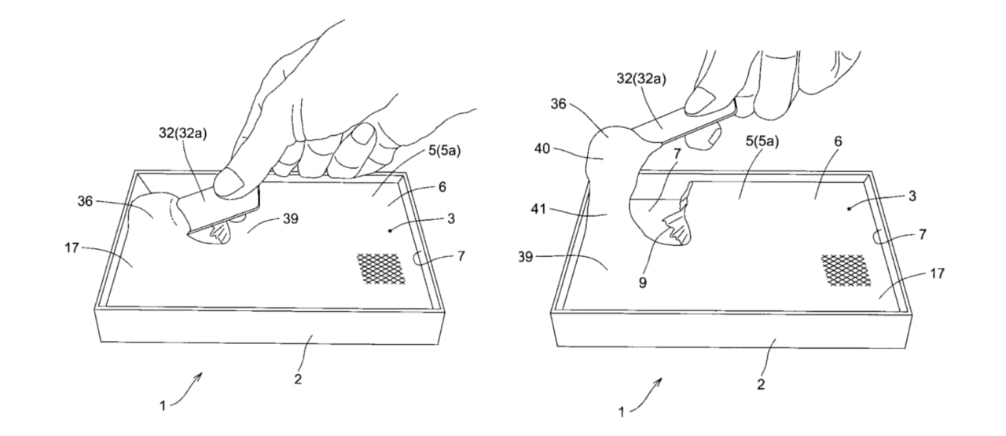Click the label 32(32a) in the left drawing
point(183,134)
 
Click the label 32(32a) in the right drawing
point(641,79)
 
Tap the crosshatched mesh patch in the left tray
point(381,269)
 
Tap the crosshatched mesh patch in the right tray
point(846,271)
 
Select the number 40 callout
point(542,148)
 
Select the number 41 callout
point(538,209)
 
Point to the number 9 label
point(642,283)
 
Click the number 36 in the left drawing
point(85,200)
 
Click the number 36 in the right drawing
point(558,104)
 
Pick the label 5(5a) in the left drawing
point(445,150)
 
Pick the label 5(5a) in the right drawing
point(762,141)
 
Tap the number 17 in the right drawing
point(937,273)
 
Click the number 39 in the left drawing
point(291,218)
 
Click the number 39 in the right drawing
point(526,257)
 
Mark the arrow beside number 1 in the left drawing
point(186,390)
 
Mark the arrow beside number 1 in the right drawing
point(645,394)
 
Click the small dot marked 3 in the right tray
point(848,209)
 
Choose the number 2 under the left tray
point(298,379)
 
